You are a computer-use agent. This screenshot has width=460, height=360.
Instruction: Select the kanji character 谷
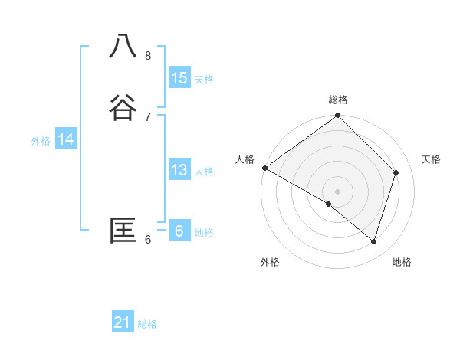tap(123, 108)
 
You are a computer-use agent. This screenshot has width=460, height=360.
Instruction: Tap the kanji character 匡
tap(123, 231)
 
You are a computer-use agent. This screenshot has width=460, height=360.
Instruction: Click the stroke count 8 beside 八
tap(148, 55)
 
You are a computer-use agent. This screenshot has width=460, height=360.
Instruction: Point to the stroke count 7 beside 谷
tap(148, 116)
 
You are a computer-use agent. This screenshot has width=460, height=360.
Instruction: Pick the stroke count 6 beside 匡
tap(148, 240)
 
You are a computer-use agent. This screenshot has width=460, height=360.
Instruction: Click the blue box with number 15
tap(179, 78)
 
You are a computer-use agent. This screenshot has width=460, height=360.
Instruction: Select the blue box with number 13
tap(179, 170)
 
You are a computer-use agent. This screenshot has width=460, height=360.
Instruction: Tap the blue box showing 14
tap(66, 139)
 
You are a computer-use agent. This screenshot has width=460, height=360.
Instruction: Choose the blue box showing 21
tap(123, 323)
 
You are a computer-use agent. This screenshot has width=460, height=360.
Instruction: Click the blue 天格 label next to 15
tap(204, 80)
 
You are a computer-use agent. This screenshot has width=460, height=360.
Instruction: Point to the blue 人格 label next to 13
tap(204, 172)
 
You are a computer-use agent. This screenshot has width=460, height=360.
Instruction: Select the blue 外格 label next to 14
tap(41, 141)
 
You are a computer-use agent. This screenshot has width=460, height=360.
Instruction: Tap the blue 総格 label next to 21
tap(147, 324)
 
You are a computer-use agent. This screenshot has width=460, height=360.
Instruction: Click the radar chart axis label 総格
tap(338, 100)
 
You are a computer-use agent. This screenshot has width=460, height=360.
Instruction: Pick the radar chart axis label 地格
tap(402, 262)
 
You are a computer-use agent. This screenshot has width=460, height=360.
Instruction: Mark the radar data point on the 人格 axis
tap(264, 168)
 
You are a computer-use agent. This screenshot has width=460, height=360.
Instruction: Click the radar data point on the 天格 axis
tap(396, 172)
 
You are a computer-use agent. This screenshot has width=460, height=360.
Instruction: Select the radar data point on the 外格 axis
tap(329, 204)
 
